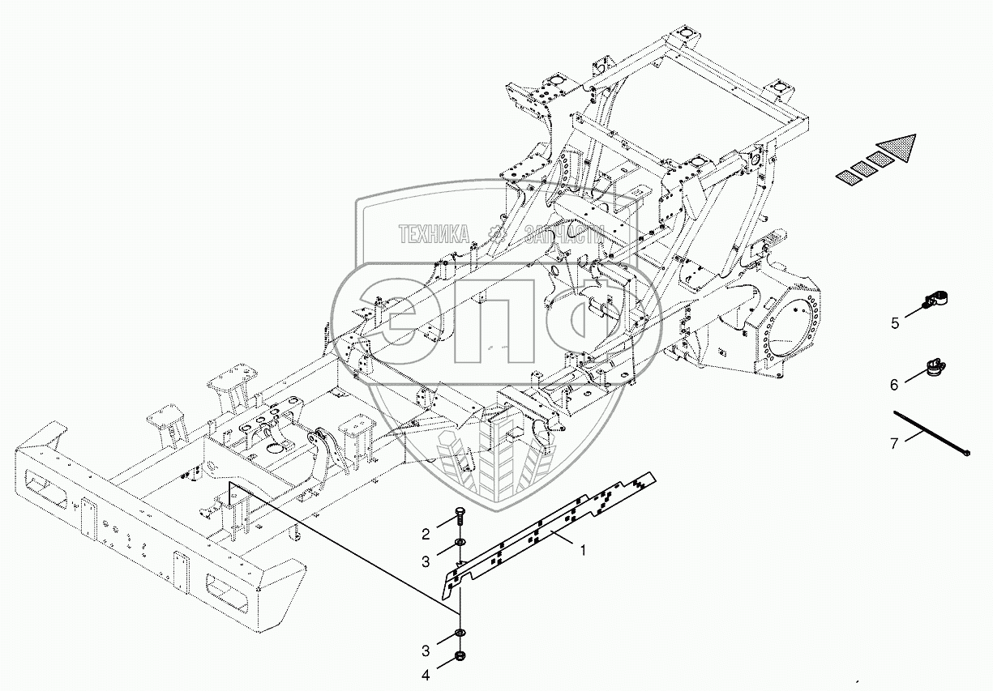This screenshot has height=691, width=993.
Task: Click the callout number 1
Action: coord(582,549)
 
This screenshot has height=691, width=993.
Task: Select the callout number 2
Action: coord(425,533)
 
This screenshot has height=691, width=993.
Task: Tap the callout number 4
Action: coord(425,673)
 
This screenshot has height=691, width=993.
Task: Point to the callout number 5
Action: coord(895,323)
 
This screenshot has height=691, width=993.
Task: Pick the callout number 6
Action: coord(894,385)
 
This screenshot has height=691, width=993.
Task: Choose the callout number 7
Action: coord(894,442)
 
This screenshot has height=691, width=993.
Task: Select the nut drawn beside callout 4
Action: coord(460,655)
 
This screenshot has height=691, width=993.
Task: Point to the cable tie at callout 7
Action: coord(932,435)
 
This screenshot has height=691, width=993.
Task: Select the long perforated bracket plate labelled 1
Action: coord(551,531)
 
